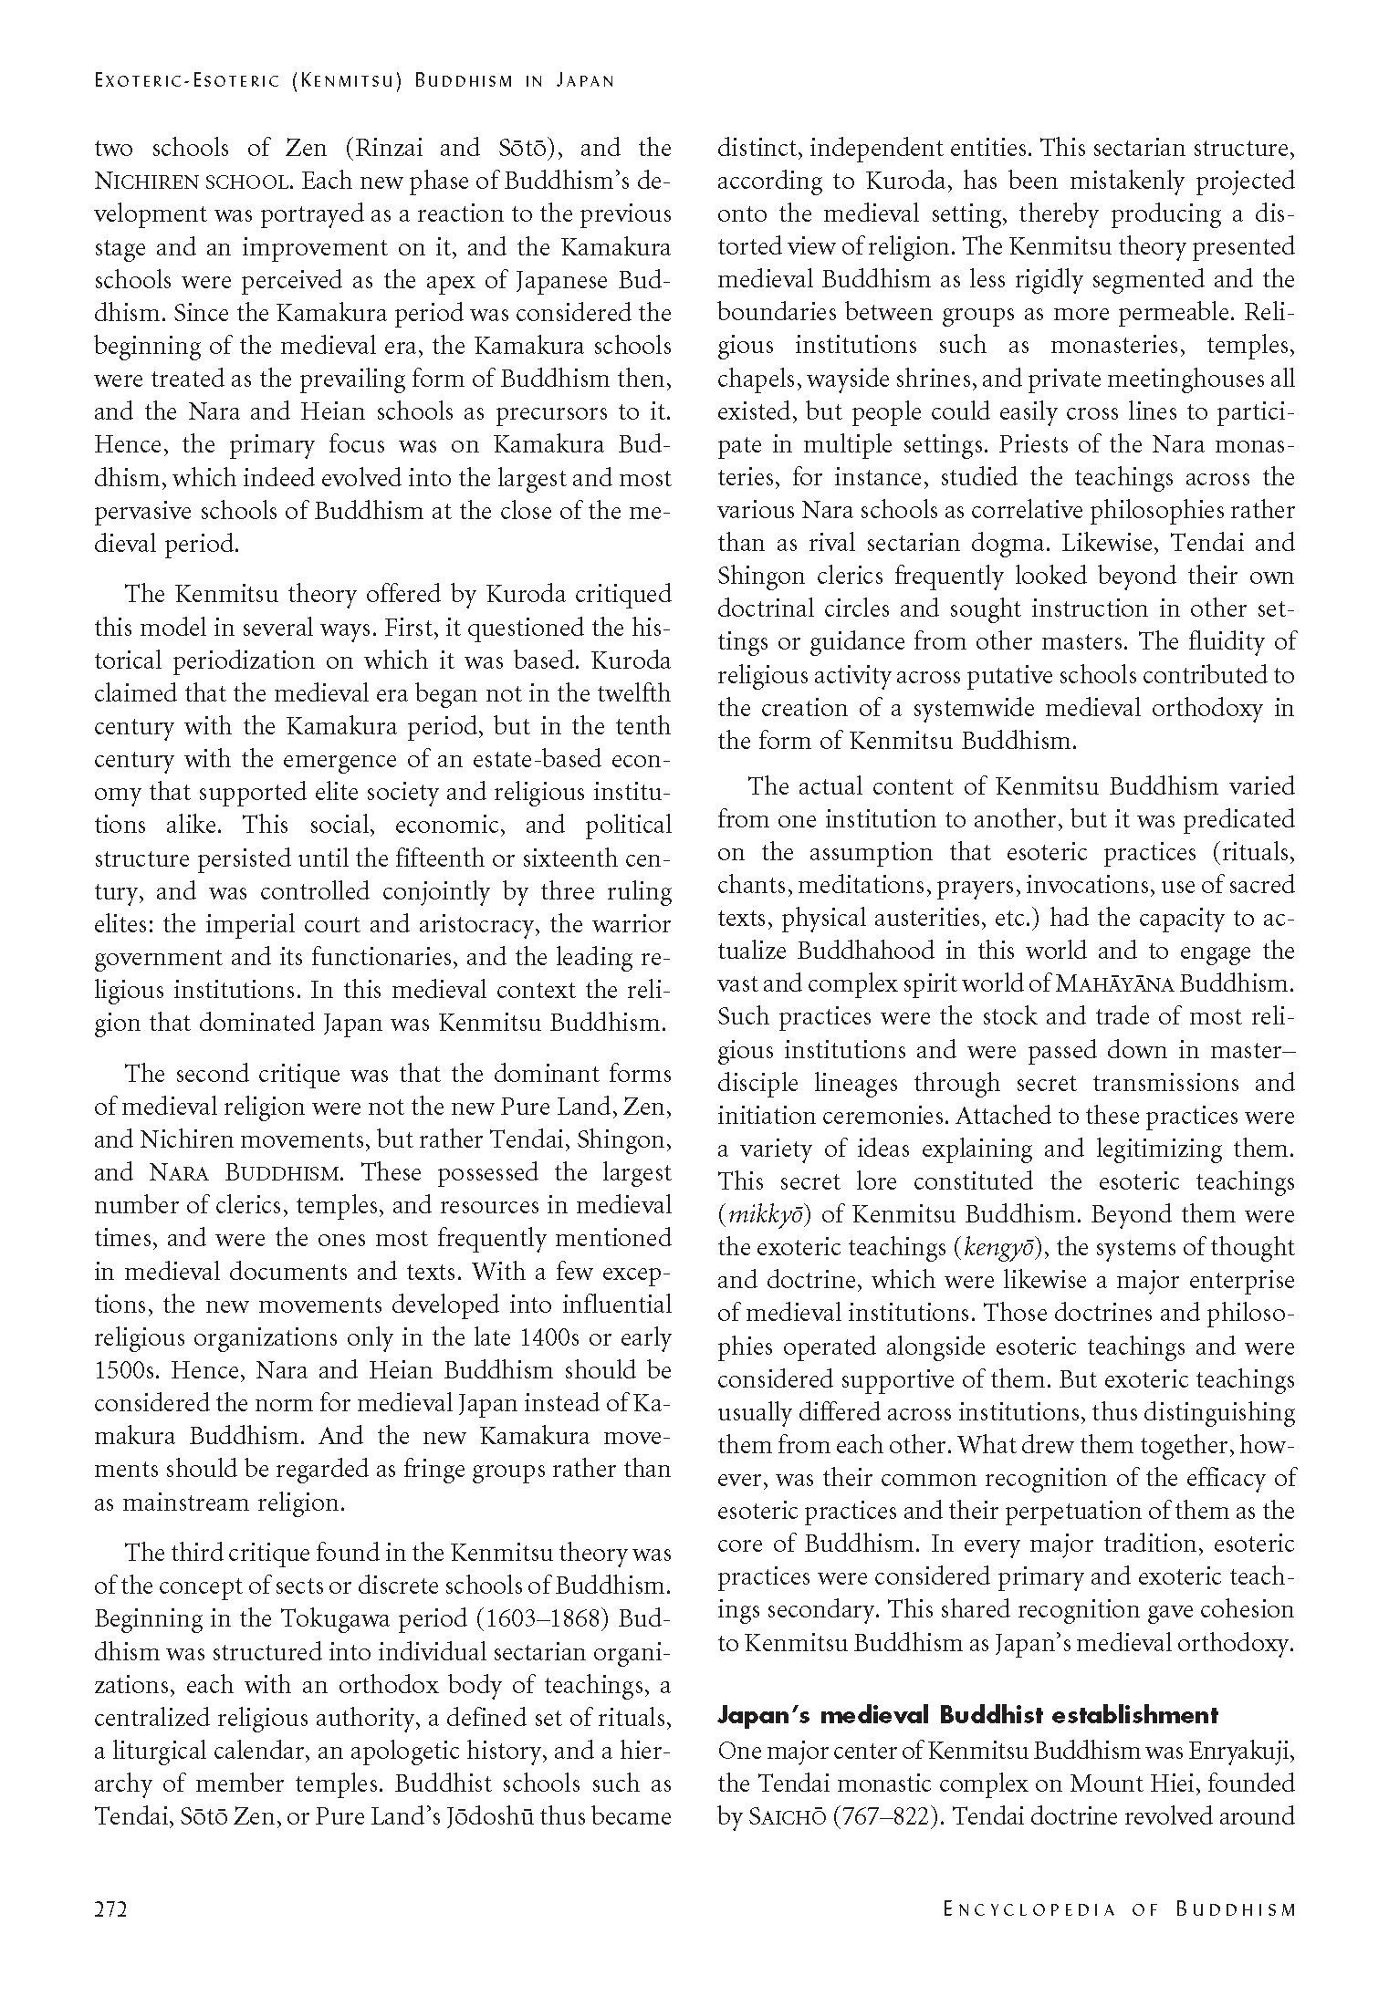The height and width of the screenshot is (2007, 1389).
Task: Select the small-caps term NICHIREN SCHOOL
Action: pos(193,182)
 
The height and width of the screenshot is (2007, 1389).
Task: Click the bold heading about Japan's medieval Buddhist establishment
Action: pos(967,1715)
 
